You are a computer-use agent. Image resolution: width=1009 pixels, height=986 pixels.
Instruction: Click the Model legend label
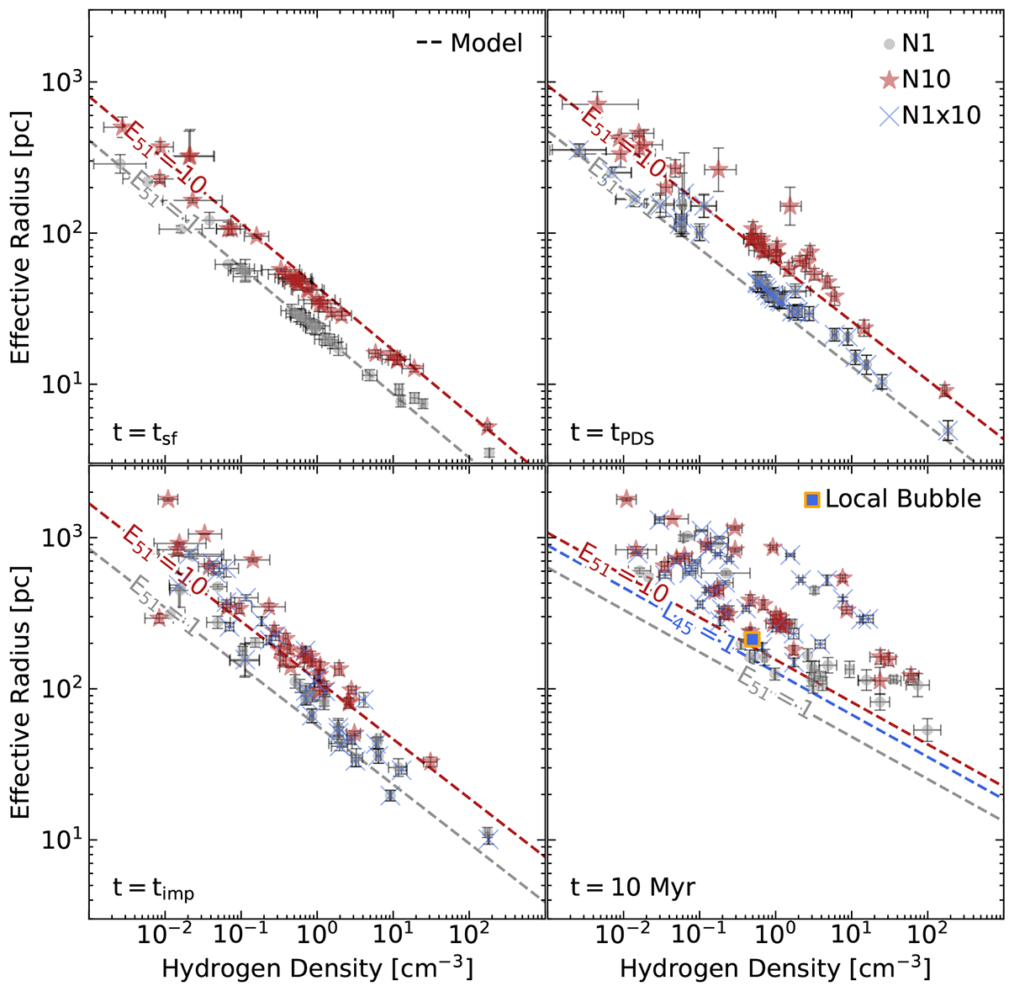486,43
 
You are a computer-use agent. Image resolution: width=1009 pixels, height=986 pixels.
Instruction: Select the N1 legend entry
917,43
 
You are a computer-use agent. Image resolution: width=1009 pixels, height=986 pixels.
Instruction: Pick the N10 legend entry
926,79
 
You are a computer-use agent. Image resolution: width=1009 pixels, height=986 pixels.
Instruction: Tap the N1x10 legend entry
940,114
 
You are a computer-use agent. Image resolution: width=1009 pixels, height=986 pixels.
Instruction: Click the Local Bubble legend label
902,498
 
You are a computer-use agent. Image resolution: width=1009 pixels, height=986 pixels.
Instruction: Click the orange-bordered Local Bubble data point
753,639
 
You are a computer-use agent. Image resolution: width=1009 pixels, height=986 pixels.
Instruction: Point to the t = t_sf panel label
145,433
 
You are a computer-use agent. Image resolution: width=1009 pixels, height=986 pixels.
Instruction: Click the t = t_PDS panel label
612,433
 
